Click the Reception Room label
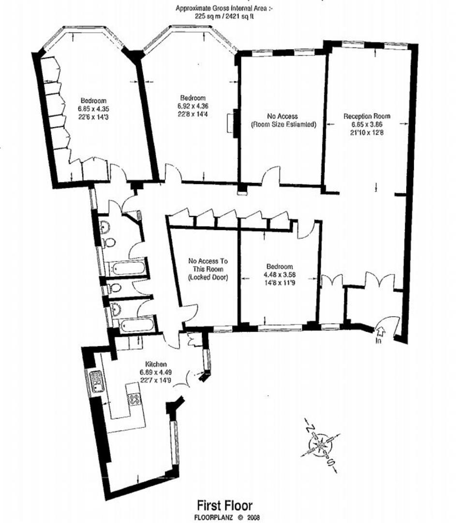point(367,116)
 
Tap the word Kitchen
point(156,364)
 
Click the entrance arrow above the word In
point(380,332)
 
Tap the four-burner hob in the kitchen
point(134,399)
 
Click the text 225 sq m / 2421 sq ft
point(224,15)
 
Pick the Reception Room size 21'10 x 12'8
point(367,132)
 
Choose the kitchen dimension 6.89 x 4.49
point(156,372)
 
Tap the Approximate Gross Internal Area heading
point(224,8)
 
